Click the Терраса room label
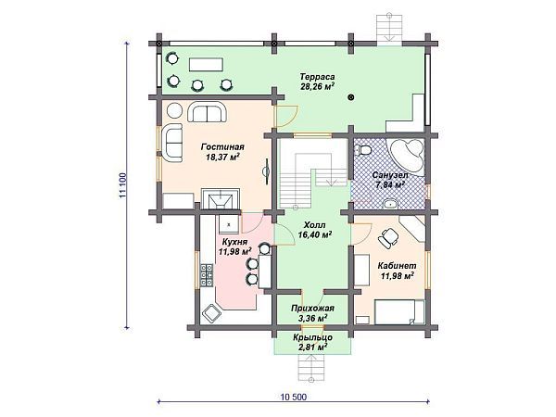317,77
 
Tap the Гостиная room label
222,146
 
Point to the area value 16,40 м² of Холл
314,234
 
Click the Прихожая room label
313,309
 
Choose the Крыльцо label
313,337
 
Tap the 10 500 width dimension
294,397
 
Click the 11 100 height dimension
122,185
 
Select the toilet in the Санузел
362,150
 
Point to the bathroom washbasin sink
391,204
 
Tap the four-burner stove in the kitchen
207,275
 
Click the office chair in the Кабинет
388,237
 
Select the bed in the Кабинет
399,311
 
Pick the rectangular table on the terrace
206,65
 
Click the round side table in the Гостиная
174,110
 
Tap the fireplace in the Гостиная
221,199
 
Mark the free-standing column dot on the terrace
350,96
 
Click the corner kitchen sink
211,313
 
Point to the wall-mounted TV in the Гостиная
266,171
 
